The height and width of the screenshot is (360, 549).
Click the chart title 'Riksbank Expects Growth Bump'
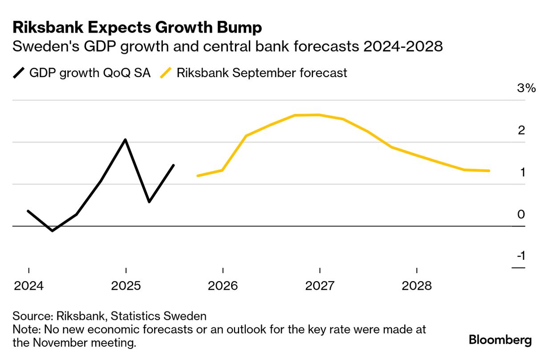tap(137, 28)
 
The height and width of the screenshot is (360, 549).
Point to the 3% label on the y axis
tap(526, 88)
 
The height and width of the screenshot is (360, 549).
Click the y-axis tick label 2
tap(521, 130)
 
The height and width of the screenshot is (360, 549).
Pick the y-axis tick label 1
tap(521, 172)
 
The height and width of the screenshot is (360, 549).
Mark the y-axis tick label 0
tap(521, 214)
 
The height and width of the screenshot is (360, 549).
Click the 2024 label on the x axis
tap(29, 286)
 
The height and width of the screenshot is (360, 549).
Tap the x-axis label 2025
tap(126, 286)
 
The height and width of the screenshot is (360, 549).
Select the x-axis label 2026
tap(223, 286)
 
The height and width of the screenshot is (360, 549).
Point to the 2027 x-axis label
tap(320, 286)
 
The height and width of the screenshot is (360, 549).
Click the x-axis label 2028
tap(417, 286)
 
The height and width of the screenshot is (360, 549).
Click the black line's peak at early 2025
tap(126, 140)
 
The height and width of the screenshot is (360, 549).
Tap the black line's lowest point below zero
tap(53, 231)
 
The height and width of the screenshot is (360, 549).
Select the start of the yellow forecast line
tap(198, 176)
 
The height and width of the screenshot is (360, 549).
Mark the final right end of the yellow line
tap(489, 171)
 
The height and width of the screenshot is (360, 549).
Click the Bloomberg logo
tap(500, 341)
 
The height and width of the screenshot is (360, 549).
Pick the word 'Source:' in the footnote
tap(33, 316)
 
